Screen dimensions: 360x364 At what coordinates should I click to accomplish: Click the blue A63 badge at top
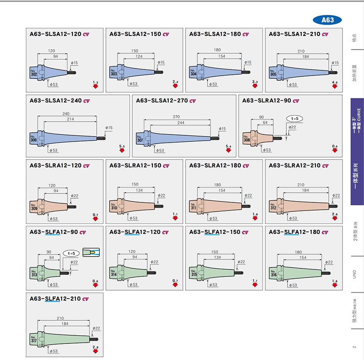(x=327, y=20)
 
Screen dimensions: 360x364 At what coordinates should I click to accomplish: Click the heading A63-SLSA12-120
(x=55, y=34)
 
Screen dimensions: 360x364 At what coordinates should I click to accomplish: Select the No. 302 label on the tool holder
(x=34, y=73)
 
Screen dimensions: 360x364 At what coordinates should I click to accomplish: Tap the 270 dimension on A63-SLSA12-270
(x=176, y=117)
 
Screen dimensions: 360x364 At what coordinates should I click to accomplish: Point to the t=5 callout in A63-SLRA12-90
(x=294, y=118)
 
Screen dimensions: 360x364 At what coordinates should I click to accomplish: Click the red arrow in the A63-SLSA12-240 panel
(x=122, y=150)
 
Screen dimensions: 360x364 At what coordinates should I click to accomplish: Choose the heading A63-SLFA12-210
(x=55, y=299)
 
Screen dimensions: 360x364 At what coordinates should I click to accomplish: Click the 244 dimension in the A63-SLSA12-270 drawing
(x=180, y=123)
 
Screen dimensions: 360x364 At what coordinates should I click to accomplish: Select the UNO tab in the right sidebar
(x=355, y=274)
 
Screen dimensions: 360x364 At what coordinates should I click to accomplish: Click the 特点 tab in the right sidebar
(x=355, y=38)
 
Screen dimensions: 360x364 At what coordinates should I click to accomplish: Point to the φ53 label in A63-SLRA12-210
(x=292, y=218)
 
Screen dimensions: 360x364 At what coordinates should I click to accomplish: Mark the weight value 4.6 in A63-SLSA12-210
(x=334, y=82)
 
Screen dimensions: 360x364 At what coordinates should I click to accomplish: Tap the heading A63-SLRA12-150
(x=135, y=166)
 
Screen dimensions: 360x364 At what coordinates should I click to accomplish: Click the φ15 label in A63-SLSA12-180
(x=247, y=62)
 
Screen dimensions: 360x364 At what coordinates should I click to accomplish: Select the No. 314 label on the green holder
(x=114, y=273)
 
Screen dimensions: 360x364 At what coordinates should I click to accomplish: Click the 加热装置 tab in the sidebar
(x=355, y=73)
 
